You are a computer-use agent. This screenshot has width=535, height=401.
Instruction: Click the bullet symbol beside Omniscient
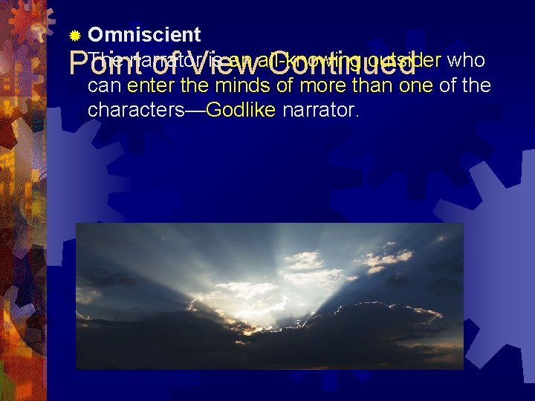(x=74, y=36)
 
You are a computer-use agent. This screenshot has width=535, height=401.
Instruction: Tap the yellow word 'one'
(x=415, y=85)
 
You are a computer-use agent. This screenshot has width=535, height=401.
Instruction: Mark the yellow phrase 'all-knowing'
(x=305, y=60)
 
